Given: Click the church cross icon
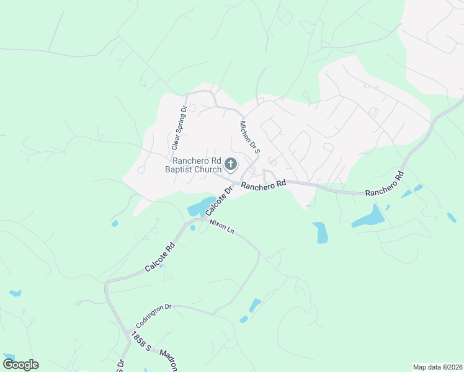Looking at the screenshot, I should click(231, 164).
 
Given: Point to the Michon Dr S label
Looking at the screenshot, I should click(249, 137).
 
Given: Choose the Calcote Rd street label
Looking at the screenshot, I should click(160, 257).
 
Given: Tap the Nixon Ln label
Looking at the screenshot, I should click(221, 226).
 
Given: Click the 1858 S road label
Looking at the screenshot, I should click(138, 343).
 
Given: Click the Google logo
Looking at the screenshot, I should click(20, 365).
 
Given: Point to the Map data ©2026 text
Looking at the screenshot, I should click(437, 367).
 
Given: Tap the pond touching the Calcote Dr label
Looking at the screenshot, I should click(200, 206).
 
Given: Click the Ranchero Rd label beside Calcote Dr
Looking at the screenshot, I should click(263, 185).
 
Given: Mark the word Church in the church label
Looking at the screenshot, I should click(207, 169).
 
